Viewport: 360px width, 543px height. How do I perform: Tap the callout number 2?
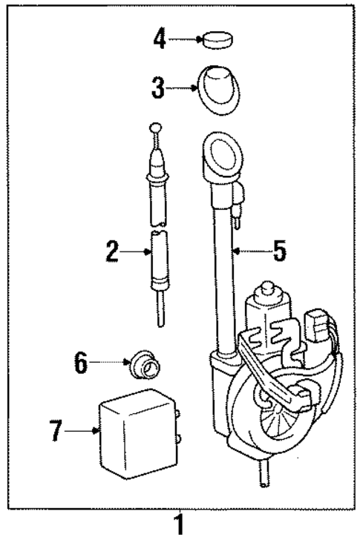click(x=112, y=252)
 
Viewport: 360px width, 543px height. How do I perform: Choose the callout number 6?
click(x=82, y=363)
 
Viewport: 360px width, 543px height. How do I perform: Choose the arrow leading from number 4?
click(x=186, y=38)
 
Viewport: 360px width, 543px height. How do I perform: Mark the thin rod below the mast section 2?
click(x=160, y=310)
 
